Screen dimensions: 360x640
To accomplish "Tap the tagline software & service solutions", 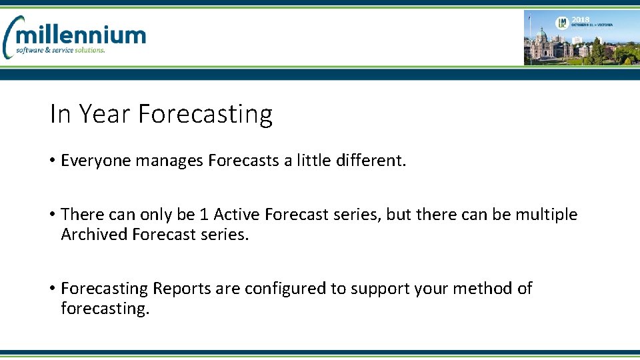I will (61, 50).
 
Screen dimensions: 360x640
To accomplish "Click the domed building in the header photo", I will (542, 40).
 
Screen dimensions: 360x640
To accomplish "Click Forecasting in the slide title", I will (205, 114).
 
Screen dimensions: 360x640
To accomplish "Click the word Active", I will (236, 215).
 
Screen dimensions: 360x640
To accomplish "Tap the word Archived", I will (94, 235).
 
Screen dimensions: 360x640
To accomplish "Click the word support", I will (383, 289).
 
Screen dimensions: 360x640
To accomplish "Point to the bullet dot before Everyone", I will (52, 161).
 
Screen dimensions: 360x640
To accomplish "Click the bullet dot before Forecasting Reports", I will (52, 289).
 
